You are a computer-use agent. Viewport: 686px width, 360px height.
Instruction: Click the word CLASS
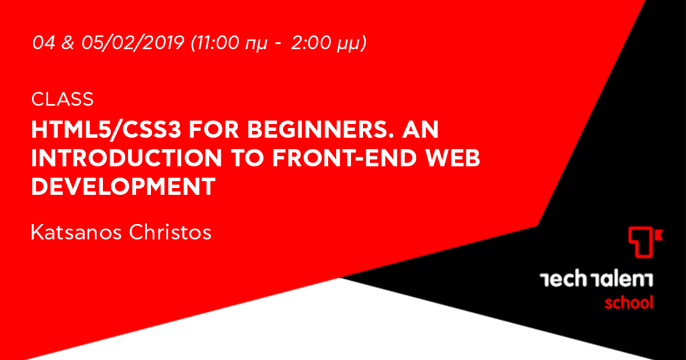coord(63,99)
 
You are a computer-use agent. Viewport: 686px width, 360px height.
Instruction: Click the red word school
coord(628,302)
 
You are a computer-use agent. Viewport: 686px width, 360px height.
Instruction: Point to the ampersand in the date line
coord(67,43)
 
